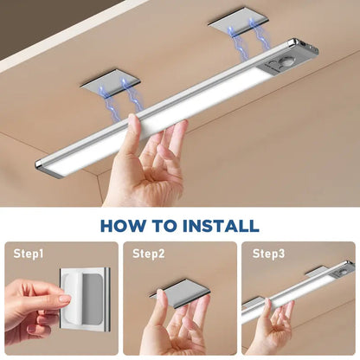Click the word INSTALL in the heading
218,226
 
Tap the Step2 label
148,254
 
